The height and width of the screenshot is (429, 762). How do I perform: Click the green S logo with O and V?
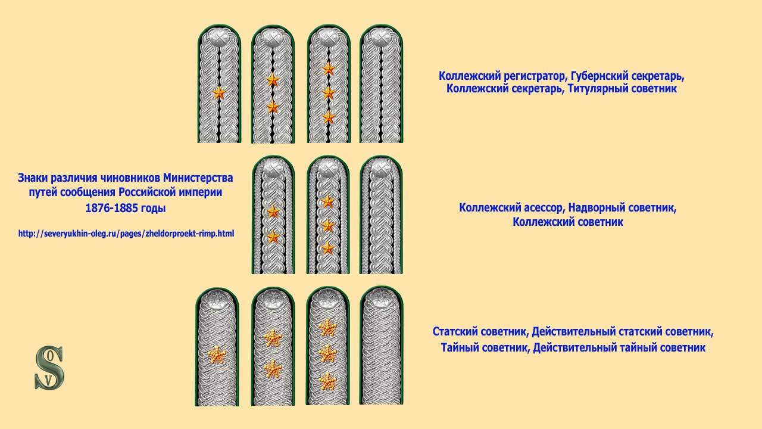point(49,368)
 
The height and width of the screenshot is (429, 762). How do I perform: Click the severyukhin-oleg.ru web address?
point(126,234)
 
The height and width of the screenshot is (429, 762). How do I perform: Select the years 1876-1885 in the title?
point(108,208)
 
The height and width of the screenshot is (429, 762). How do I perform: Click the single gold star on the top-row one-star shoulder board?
point(218,93)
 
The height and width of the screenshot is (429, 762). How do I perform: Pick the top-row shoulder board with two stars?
point(273,84)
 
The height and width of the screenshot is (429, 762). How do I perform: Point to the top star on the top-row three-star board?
point(329,69)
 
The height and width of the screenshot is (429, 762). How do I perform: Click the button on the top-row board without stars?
point(381,37)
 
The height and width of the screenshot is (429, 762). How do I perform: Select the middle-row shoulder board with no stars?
point(381,215)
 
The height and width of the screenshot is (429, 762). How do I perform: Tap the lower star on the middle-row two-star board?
point(273,237)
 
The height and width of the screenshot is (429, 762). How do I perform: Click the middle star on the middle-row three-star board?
point(328,226)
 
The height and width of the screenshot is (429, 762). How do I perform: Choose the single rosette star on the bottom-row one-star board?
point(217,356)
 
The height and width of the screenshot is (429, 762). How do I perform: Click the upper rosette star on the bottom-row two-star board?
point(273,338)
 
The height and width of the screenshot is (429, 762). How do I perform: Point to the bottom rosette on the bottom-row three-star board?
point(327,381)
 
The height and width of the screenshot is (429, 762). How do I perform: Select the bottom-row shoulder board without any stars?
point(382,346)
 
